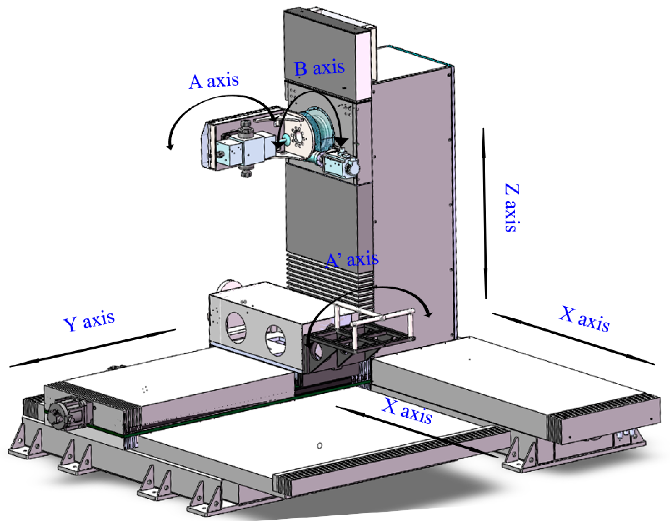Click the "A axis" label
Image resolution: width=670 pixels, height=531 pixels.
click(x=214, y=82)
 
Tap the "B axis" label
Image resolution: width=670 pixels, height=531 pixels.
click(x=319, y=68)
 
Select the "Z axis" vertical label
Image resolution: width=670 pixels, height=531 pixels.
click(x=511, y=208)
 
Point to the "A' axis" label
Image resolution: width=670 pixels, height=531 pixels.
click(x=352, y=260)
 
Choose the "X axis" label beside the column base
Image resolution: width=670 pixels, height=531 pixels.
click(x=584, y=319)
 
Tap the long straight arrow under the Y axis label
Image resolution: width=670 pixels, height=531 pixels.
click(x=93, y=348)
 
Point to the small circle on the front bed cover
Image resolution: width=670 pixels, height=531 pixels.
click(x=319, y=446)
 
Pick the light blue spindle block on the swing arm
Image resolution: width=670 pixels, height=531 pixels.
click(x=245, y=149)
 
